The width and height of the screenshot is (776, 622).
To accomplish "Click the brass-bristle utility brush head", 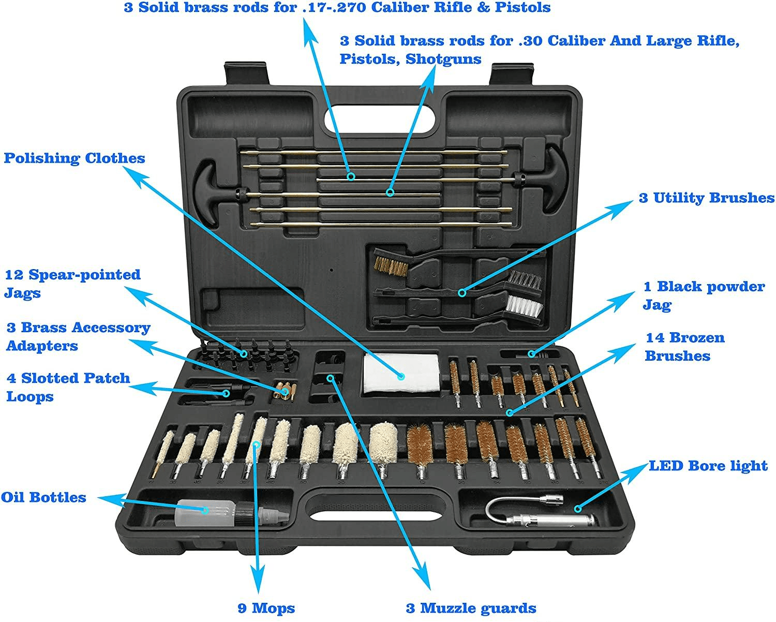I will pyautogui.click(x=391, y=265).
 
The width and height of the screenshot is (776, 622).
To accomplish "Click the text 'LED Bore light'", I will pyautogui.click(x=708, y=466).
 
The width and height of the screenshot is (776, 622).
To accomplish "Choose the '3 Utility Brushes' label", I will pyautogui.click(x=707, y=198).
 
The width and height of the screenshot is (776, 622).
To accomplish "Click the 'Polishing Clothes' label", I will pyautogui.click(x=74, y=158).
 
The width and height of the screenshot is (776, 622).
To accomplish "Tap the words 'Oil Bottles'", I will pyautogui.click(x=43, y=497).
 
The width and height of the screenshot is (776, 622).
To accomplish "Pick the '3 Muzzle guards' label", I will pyautogui.click(x=471, y=608).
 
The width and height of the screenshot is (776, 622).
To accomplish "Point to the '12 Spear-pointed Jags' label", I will pyautogui.click(x=72, y=283).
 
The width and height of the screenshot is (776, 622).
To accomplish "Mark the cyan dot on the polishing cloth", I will pyautogui.click(x=401, y=376).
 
